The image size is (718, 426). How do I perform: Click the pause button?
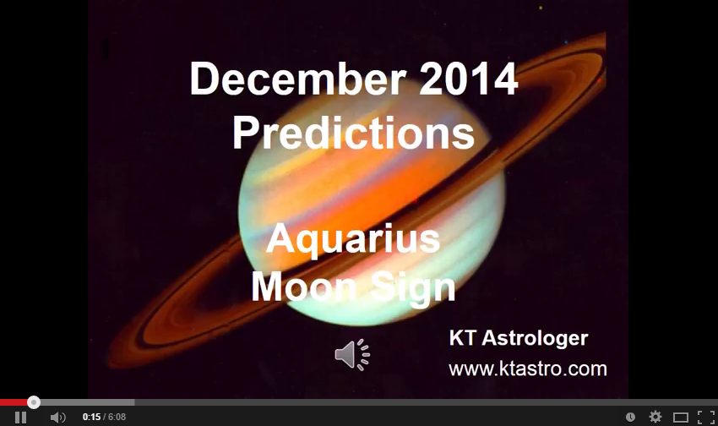pos(20,417)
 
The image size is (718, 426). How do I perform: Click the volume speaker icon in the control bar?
pos(57,417)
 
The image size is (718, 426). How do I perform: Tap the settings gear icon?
pos(655,417)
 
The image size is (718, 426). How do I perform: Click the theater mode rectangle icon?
pos(681,417)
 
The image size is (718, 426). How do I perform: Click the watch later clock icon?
pos(630,417)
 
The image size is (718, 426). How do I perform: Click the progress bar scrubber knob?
pos(34,402)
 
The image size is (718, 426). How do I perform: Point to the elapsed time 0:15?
pos(91,418)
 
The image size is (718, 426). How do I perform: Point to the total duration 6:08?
pos(116,418)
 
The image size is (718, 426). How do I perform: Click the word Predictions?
pos(353,133)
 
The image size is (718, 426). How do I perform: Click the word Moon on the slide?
pos(299,288)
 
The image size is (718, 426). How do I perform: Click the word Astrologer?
pos(533,339)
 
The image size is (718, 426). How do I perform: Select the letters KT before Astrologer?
pos(461,339)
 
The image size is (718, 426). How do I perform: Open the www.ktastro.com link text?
pos(527,369)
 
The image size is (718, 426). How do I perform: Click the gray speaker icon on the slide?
pos(352,354)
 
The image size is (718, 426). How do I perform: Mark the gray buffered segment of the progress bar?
pos(84,402)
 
